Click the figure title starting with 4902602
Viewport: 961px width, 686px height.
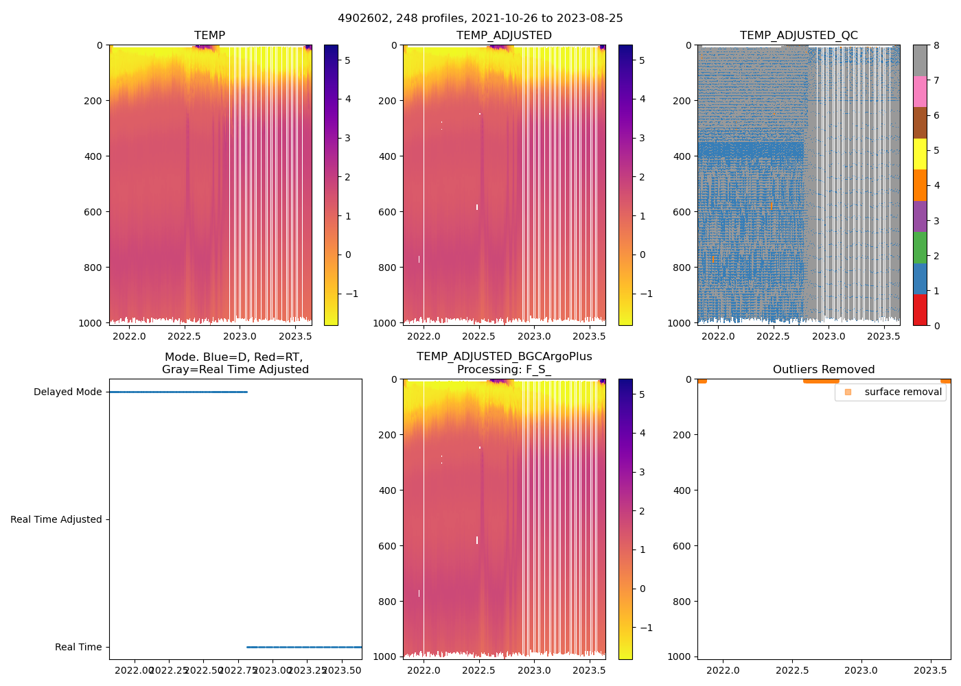pyautogui.click(x=480, y=19)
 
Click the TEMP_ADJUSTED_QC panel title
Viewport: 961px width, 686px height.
pyautogui.click(x=798, y=36)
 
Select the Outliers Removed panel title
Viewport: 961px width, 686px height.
pyautogui.click(x=824, y=370)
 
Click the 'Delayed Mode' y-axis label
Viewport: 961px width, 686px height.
pyautogui.click(x=67, y=392)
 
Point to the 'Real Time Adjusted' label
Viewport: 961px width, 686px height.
pyautogui.click(x=56, y=520)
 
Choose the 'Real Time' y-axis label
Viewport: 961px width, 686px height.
pyautogui.click(x=78, y=648)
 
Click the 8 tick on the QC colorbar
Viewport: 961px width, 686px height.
pyautogui.click(x=936, y=45)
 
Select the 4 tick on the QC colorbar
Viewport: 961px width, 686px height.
pyautogui.click(x=936, y=185)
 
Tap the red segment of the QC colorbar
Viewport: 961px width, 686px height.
pyautogui.click(x=920, y=309)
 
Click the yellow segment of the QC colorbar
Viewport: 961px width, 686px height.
pyautogui.click(x=920, y=154)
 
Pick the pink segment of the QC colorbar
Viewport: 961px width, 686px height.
pyautogui.click(x=920, y=91)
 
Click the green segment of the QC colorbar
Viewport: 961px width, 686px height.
pyautogui.click(x=920, y=247)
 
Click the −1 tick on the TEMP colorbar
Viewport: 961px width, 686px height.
pyautogui.click(x=352, y=294)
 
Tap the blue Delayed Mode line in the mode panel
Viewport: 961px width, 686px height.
pyautogui.click(x=178, y=392)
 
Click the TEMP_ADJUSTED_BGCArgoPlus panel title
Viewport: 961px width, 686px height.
pyautogui.click(x=504, y=363)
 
